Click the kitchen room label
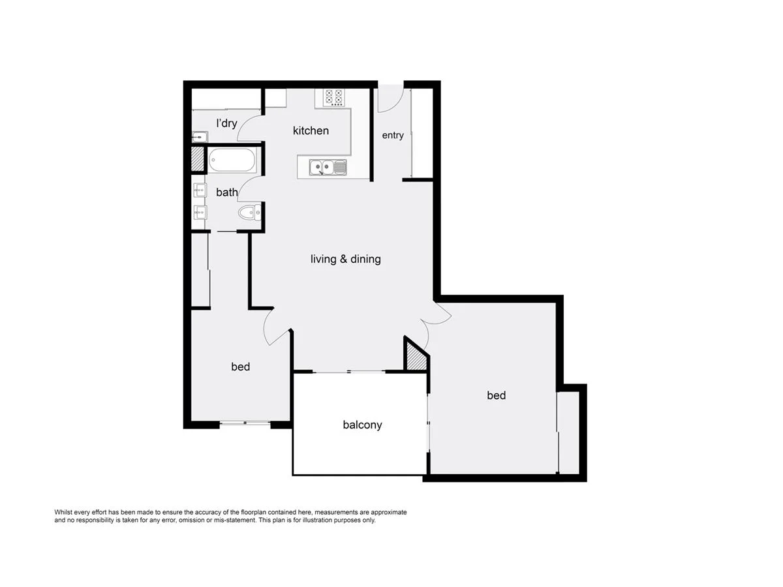[x=311, y=130]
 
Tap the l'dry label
[x=226, y=123]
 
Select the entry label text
[x=393, y=135]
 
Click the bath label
[x=226, y=192]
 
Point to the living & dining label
[x=345, y=259]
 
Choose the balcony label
[x=362, y=425]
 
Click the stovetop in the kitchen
[x=334, y=97]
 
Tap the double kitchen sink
[x=328, y=168]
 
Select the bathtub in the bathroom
[x=232, y=160]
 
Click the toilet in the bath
[x=248, y=212]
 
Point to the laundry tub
[x=200, y=137]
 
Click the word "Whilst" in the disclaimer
[x=63, y=513]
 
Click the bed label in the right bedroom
[x=496, y=395]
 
